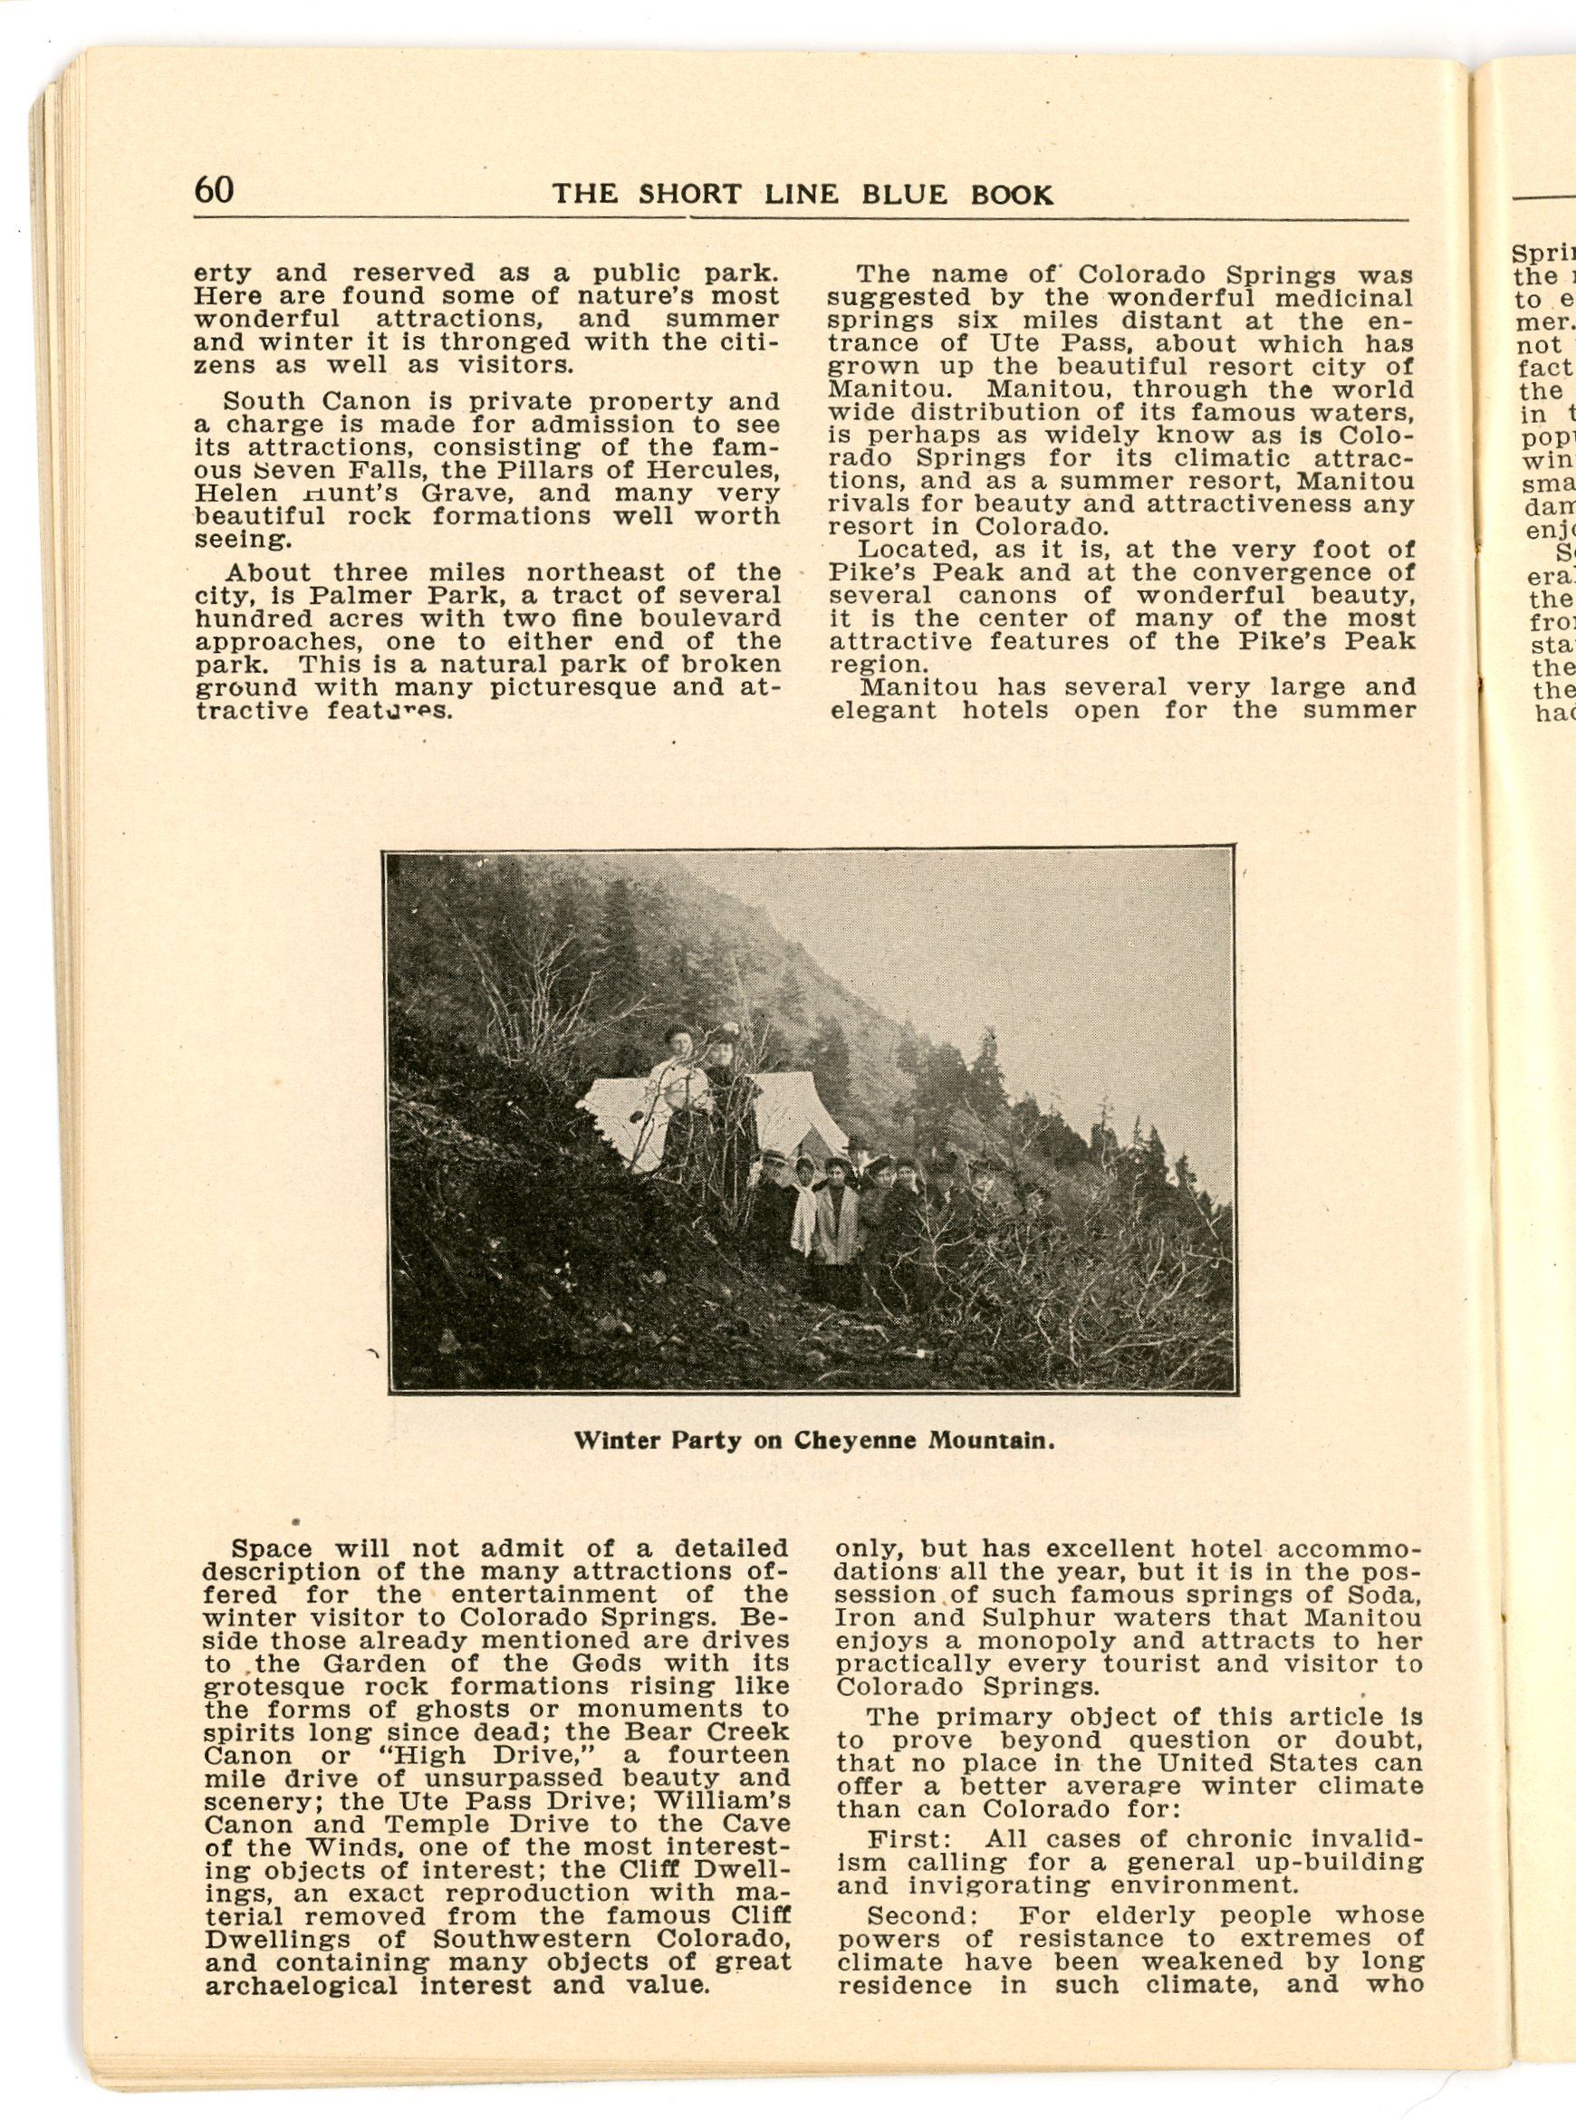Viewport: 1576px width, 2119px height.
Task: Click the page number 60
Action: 213,190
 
